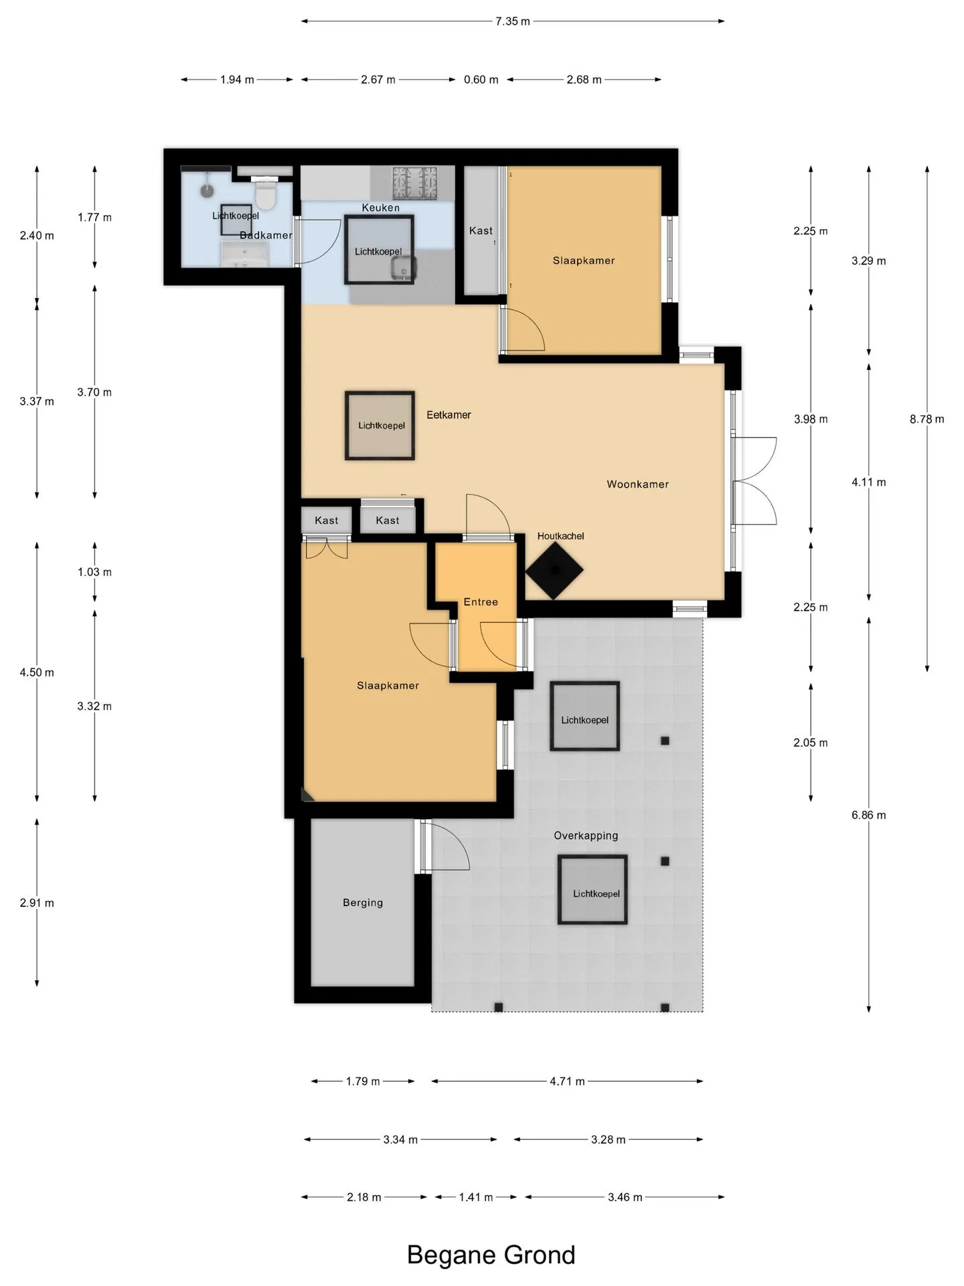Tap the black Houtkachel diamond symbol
(554, 570)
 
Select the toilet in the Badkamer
(266, 192)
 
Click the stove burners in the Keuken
(414, 182)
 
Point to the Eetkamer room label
(449, 415)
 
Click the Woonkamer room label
(637, 484)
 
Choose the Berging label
(363, 902)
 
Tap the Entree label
(481, 602)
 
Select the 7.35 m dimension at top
(513, 21)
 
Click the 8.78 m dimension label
(927, 419)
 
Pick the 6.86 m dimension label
(868, 815)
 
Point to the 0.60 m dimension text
(481, 80)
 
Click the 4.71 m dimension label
(567, 1081)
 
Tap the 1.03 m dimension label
(94, 572)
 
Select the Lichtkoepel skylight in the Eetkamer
(380, 425)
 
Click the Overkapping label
(586, 835)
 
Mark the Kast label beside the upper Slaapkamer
(481, 230)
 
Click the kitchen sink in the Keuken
(404, 268)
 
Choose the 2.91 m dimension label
(37, 903)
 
